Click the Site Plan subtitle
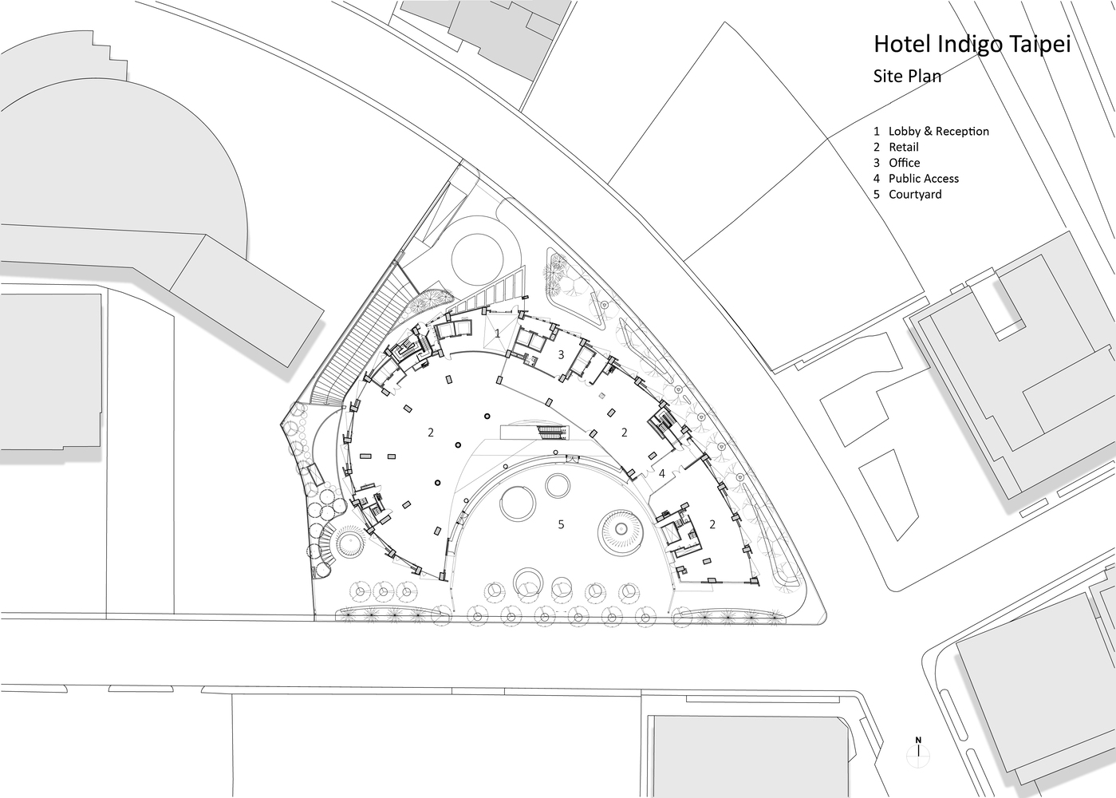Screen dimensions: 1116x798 click(907, 77)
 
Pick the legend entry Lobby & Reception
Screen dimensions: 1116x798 click(939, 131)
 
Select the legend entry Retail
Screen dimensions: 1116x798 click(904, 147)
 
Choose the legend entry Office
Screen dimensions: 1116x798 click(905, 163)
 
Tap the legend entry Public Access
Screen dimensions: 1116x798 click(924, 179)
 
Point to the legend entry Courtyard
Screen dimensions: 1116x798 click(915, 195)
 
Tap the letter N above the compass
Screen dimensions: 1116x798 click(918, 741)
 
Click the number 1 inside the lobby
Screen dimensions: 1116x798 click(498, 334)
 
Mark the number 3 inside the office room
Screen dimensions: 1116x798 click(561, 355)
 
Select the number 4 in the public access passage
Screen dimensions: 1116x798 click(662, 473)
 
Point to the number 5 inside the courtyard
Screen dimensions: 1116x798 click(561, 524)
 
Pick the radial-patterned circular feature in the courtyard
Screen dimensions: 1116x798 click(621, 531)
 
